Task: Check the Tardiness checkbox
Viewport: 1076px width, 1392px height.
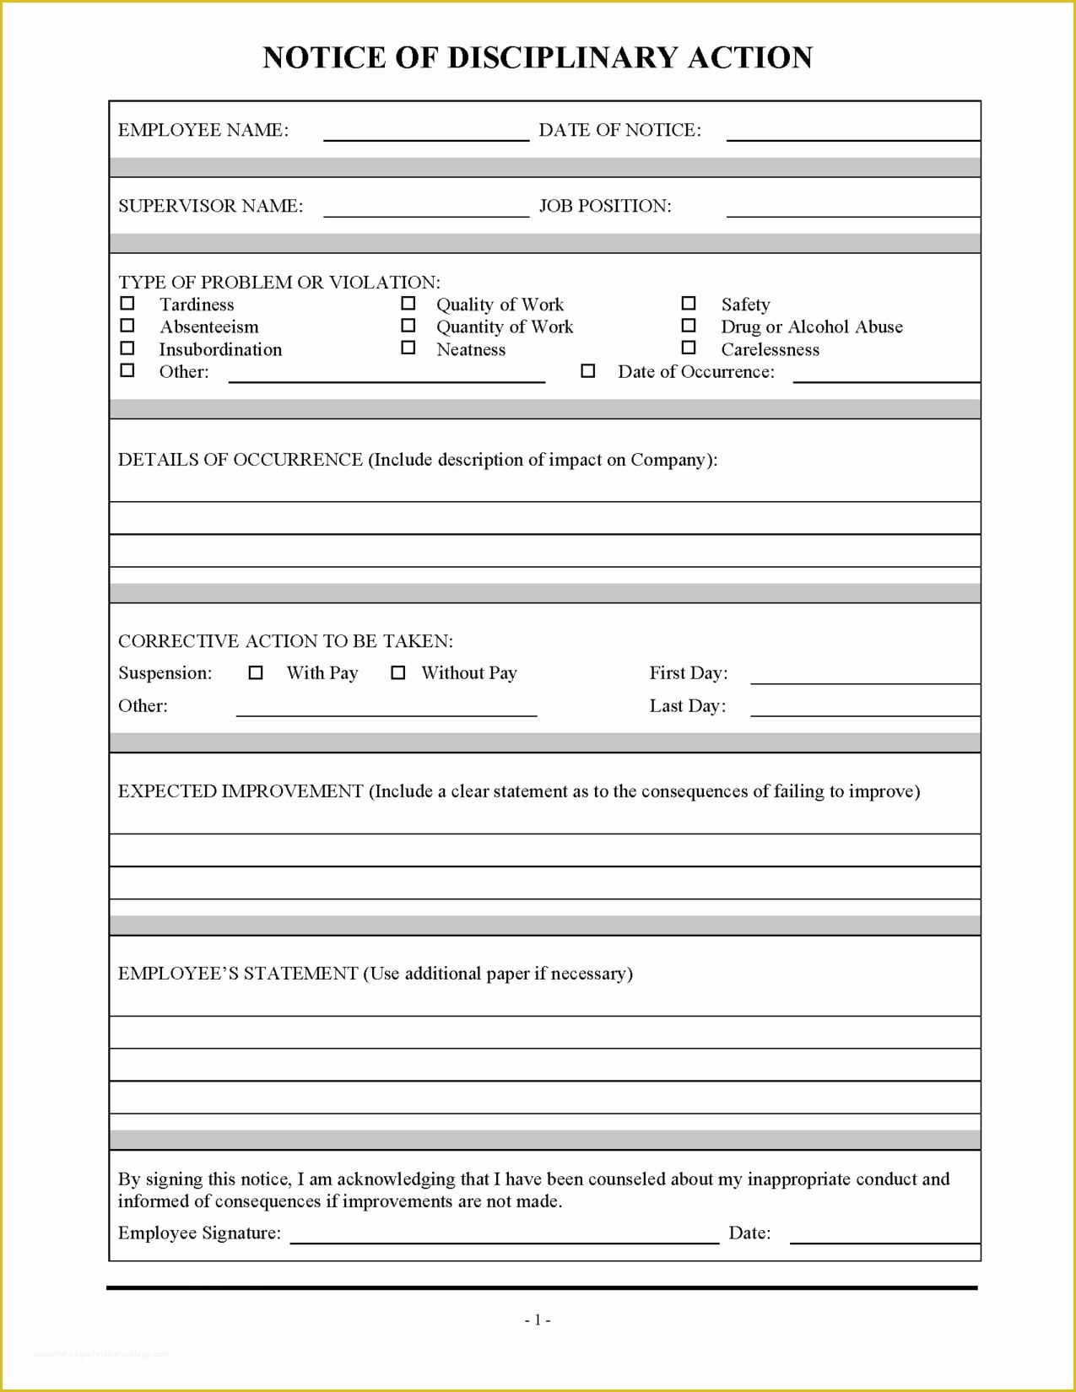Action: click(127, 304)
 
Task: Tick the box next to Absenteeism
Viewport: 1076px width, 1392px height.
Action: click(127, 326)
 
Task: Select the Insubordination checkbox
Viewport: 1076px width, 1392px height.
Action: click(127, 348)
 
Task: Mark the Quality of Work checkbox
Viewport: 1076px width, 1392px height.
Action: click(408, 304)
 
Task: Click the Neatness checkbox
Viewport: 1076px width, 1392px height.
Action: click(408, 348)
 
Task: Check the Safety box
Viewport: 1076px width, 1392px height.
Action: click(689, 304)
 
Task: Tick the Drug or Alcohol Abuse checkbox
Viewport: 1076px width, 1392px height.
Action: click(689, 326)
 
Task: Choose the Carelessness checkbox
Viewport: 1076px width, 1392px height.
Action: click(689, 348)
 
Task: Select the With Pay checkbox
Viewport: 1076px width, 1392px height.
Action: click(256, 673)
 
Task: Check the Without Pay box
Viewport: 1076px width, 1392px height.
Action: click(398, 673)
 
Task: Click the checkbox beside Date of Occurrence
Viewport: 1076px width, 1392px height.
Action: click(588, 371)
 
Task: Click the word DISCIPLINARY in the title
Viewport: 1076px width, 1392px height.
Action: click(564, 57)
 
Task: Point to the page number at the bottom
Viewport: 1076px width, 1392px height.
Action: click(538, 1320)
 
